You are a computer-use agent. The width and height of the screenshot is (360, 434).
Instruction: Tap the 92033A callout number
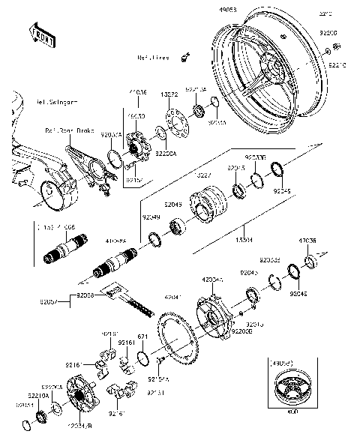pyautogui.click(x=109, y=134)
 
